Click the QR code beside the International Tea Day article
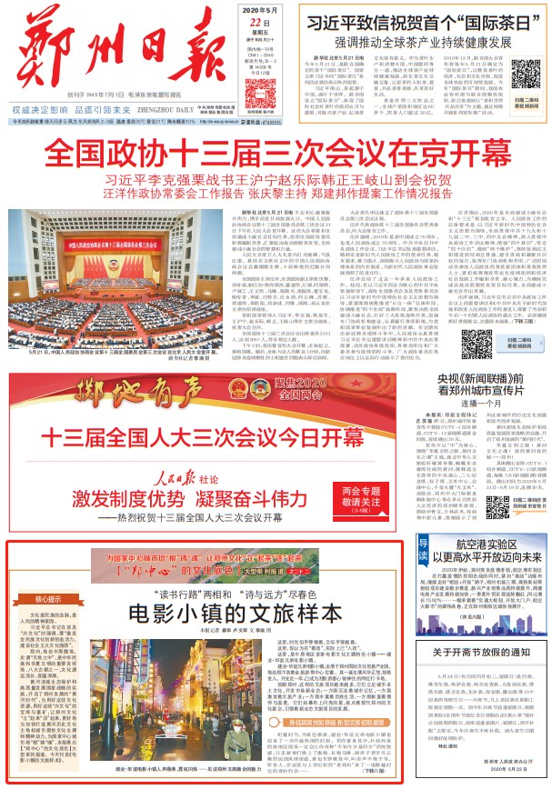(526, 73)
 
